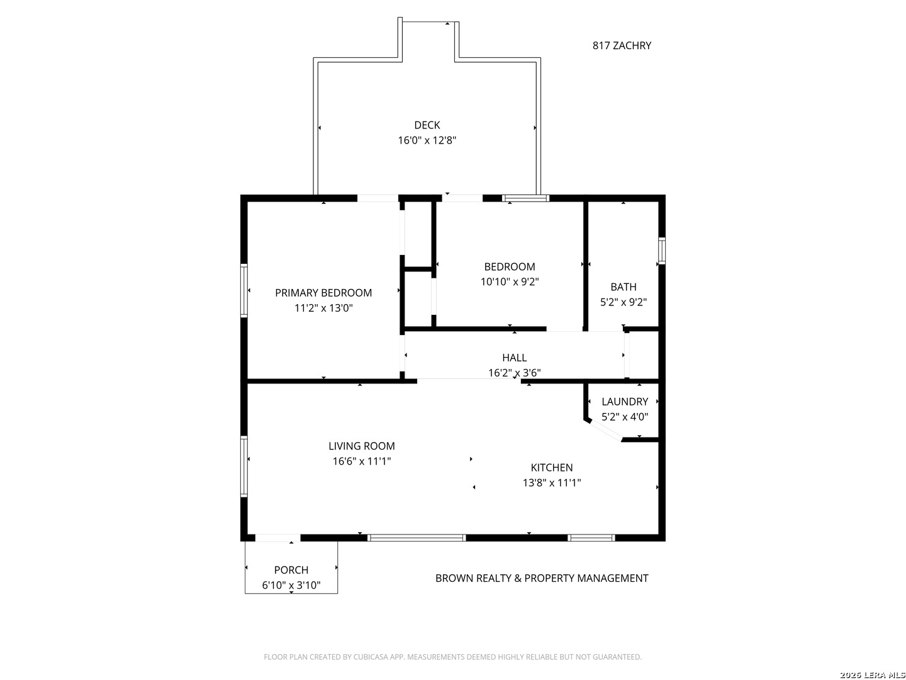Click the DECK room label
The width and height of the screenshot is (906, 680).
coord(427,125)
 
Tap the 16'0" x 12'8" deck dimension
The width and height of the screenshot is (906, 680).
coord(427,140)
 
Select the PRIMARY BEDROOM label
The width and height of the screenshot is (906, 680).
coord(323,293)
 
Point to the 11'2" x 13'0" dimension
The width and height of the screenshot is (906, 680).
coord(323,308)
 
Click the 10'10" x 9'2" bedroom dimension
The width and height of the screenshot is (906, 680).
coord(510,281)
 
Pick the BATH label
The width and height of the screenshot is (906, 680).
coord(624,286)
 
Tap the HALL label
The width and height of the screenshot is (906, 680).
coord(514,358)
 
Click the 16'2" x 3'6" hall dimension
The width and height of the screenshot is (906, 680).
coord(514,373)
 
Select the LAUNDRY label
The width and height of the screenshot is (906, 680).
coord(625,401)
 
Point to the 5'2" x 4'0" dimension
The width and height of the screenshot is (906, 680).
coord(625,417)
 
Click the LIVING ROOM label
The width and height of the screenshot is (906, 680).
coord(362,446)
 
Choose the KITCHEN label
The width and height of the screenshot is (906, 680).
coord(551,467)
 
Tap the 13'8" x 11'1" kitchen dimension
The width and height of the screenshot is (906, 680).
coord(551,483)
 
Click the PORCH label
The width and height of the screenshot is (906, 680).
coord(291,570)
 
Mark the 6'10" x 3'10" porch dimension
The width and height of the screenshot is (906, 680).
coord(291,585)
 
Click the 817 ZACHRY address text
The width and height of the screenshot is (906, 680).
coord(622,45)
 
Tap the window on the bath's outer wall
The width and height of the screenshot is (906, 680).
coord(661,250)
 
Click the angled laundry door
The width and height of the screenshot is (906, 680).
coord(605,430)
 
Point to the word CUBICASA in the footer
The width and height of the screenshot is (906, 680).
coord(371,657)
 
